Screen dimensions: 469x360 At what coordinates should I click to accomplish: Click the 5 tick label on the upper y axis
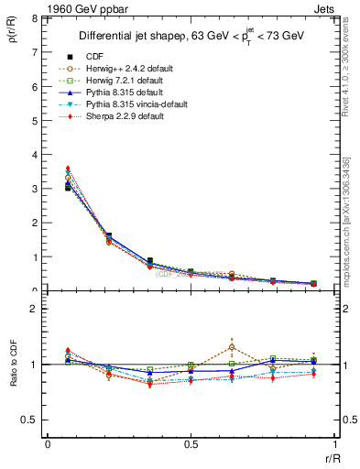(35, 121)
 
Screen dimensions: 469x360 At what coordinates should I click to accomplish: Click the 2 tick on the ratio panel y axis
(35, 310)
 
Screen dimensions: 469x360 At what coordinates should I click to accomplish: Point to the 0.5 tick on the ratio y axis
(31, 420)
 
